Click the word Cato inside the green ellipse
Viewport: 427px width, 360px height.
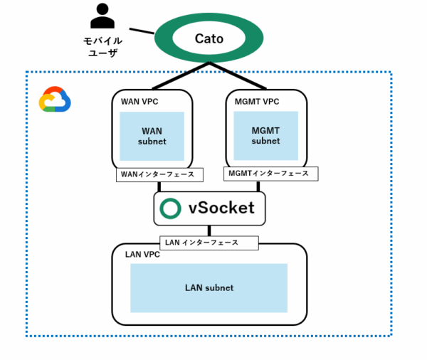209,39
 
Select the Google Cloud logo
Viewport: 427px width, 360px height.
55,100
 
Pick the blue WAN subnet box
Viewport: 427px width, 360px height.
152,136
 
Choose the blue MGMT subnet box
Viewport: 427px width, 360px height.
265,135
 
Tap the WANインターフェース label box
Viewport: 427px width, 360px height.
159,174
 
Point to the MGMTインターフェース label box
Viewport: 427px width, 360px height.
270,174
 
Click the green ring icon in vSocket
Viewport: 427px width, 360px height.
171,208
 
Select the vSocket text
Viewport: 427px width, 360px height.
221,208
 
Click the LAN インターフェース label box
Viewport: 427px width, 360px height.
209,243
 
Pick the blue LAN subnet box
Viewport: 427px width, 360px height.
209,287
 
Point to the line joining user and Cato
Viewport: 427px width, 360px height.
142,31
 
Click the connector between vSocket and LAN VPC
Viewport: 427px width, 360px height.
209,231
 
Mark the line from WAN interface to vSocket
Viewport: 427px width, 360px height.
159,186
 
